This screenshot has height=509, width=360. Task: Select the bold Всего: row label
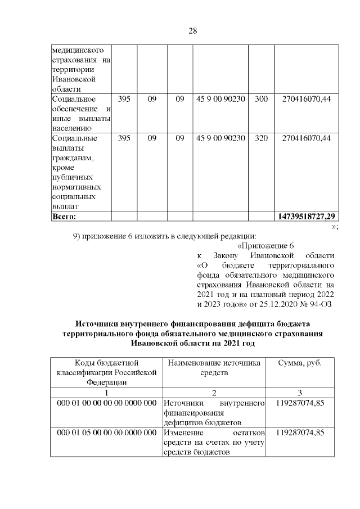64,216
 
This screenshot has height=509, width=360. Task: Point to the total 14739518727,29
307,216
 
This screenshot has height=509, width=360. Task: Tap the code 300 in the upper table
261,99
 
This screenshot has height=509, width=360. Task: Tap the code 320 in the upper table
261,138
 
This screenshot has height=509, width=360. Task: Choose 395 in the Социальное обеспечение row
124,99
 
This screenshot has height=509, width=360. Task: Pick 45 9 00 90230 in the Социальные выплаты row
220,138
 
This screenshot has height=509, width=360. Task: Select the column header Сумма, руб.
300,363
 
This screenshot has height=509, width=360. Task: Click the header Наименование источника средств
214,368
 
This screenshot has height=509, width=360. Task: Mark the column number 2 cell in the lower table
214,392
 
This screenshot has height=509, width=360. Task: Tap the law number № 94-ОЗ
316,305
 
